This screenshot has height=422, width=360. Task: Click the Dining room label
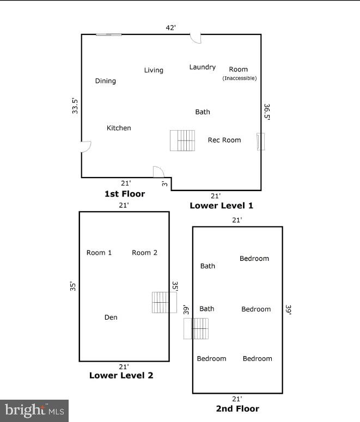[106, 81]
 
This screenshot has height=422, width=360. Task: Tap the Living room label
[154, 70]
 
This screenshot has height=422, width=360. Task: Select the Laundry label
[202, 67]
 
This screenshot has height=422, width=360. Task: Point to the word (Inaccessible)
[239, 78]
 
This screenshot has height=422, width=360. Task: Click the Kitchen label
[119, 128]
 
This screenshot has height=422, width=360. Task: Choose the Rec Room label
[224, 140]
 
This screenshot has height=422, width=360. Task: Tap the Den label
[111, 317]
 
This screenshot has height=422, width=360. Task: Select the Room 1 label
[99, 253]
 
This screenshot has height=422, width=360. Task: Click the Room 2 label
[144, 253]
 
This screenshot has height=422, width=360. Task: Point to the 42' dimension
[171, 28]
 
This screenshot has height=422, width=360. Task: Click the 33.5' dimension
[75, 105]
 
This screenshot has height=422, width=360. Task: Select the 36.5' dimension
[267, 112]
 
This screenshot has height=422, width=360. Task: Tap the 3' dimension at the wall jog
[164, 184]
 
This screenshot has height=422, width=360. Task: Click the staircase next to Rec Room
[182, 140]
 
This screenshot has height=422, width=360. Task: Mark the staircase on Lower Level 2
[164, 302]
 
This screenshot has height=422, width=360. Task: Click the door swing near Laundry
[195, 38]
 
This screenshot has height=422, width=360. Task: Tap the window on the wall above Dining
[108, 35]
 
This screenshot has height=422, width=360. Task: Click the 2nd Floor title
[237, 408]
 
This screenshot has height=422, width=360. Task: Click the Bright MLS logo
[34, 411]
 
